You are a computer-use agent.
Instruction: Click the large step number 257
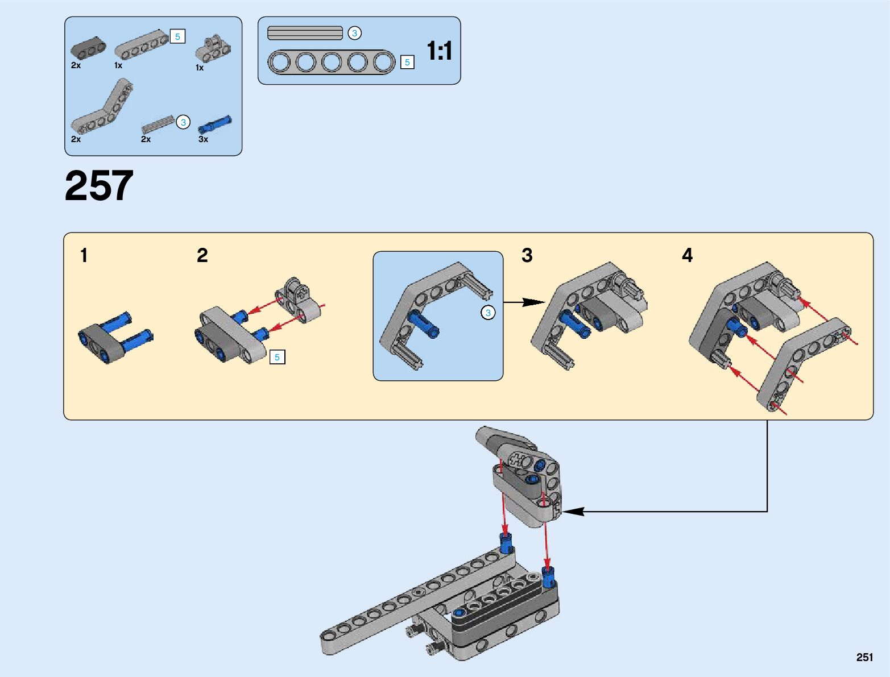99,186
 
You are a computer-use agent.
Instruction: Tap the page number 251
864,657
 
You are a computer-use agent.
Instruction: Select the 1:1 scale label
439,51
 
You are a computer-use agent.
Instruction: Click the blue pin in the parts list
215,124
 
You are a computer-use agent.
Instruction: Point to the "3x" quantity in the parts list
203,139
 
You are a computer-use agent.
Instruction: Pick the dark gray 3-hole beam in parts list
88,49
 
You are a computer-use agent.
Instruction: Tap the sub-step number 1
84,256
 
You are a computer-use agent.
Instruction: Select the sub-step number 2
202,256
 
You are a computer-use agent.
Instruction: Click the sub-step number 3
527,256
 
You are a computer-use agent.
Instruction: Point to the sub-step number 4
687,256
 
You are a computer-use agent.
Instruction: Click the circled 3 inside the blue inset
487,313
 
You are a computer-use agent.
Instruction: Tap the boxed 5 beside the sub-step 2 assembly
277,357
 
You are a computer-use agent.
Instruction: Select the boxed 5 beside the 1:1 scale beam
407,63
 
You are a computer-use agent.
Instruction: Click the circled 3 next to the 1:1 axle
354,33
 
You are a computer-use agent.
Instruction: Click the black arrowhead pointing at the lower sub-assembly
573,512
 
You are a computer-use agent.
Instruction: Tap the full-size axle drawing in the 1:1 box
305,33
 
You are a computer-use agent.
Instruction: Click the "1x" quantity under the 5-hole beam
118,65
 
